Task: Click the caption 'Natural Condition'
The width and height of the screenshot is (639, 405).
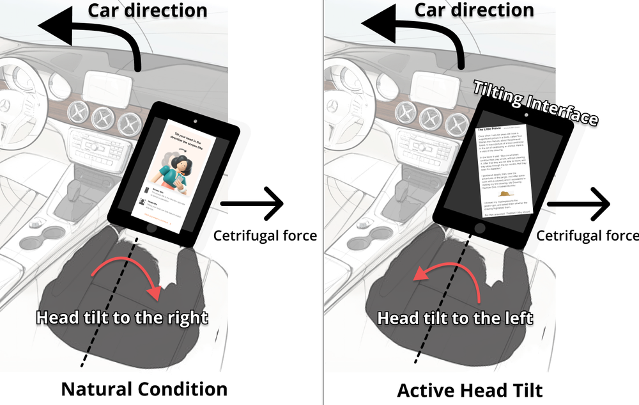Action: [x=144, y=388]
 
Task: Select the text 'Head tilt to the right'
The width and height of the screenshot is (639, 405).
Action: [x=121, y=317]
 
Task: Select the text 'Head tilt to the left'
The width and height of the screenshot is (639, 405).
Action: [x=455, y=317]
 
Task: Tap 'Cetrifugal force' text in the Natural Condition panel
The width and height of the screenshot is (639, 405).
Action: [x=265, y=235]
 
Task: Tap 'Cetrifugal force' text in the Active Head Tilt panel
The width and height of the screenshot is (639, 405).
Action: [x=587, y=235]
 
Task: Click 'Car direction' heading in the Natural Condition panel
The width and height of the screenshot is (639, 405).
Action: [x=147, y=11]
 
